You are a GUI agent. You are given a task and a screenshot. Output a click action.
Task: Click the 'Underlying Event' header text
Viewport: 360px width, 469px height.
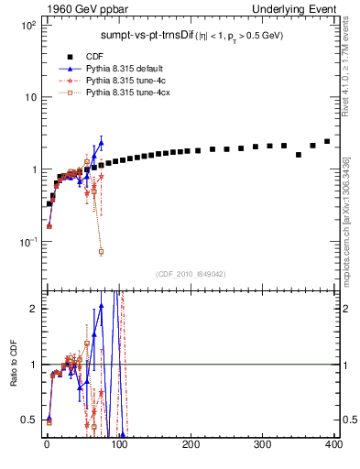(x=302, y=8)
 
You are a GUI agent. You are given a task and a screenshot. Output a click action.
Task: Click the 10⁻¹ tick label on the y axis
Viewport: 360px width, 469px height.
(x=27, y=242)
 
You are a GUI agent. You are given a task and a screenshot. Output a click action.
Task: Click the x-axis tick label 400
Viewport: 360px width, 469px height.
(x=333, y=444)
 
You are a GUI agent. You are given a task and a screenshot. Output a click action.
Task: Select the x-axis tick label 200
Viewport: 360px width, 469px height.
(x=191, y=444)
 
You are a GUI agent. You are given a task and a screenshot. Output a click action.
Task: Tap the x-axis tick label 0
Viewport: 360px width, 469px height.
(x=47, y=444)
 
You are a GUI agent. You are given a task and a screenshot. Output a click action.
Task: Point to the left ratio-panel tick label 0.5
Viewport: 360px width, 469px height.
(x=28, y=420)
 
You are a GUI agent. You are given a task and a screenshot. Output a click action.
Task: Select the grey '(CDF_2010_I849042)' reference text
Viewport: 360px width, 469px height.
(x=190, y=273)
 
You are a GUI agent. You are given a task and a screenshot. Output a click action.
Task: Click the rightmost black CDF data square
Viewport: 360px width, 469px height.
(x=327, y=141)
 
